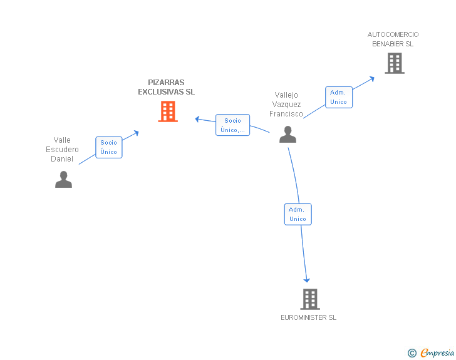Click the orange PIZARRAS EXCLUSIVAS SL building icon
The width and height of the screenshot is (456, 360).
167,111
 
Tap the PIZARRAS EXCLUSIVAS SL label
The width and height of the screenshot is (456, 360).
167,87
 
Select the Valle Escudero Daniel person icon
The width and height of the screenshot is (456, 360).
63,179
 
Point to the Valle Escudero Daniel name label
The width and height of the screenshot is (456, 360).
62,150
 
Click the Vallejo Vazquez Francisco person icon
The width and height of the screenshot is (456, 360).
288,135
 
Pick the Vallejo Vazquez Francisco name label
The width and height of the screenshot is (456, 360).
286,105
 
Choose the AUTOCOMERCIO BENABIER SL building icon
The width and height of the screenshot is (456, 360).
394,63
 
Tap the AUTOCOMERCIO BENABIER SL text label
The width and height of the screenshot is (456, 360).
393,39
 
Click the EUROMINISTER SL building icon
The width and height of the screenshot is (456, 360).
309,299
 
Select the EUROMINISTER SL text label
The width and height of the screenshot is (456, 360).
308,317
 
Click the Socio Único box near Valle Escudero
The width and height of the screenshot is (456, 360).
109,147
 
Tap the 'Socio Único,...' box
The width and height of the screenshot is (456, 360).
232,125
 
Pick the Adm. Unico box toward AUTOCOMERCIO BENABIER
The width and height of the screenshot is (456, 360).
338,97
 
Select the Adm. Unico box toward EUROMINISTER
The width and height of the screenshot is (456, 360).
298,214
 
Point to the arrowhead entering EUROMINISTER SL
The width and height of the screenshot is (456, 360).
307,280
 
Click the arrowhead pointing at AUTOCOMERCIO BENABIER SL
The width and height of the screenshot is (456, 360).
371,78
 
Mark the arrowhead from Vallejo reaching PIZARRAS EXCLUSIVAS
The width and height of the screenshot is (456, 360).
197,118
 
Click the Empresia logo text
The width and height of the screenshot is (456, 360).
437,352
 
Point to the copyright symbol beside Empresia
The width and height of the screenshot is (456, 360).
412,353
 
